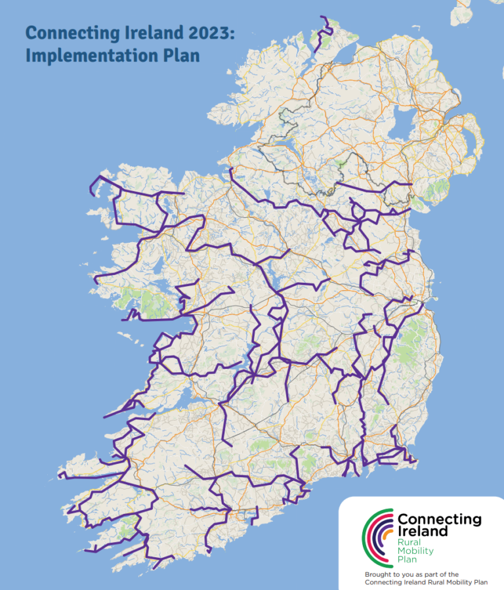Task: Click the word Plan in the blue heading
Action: click(x=180, y=56)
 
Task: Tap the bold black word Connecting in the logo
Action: click(x=439, y=520)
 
